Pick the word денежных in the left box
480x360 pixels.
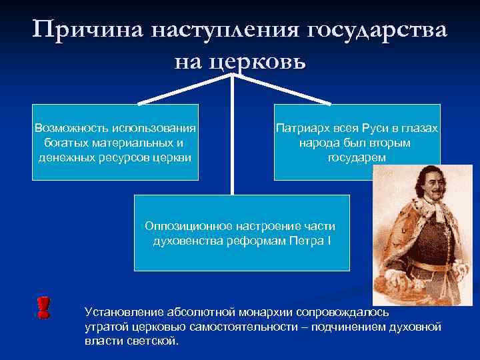(x=65, y=157)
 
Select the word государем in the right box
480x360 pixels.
(x=357, y=157)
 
